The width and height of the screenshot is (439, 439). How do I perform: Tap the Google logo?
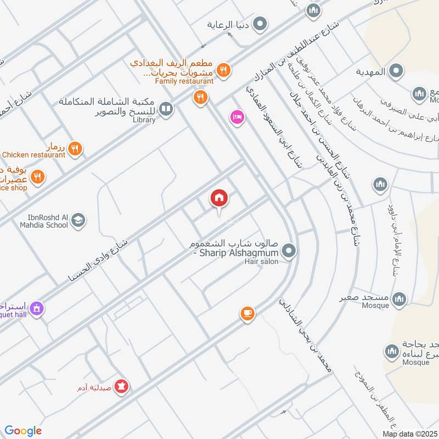23,431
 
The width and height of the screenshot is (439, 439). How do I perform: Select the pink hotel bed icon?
237,117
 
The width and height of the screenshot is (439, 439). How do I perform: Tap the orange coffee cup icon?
247,313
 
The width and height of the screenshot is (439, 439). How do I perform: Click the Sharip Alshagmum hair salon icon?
289,252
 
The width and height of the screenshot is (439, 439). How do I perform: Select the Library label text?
144,120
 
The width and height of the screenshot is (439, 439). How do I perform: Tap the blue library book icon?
166,110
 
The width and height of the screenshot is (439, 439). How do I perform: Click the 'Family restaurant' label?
184,81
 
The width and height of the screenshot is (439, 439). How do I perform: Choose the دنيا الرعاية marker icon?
261,24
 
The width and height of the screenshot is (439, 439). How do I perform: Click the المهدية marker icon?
396,71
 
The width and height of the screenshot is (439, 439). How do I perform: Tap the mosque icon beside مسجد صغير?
399,299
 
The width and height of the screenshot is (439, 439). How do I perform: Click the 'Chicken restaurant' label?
33,155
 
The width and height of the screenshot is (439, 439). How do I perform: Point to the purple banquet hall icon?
36,309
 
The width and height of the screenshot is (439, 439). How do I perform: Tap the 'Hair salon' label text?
262,262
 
